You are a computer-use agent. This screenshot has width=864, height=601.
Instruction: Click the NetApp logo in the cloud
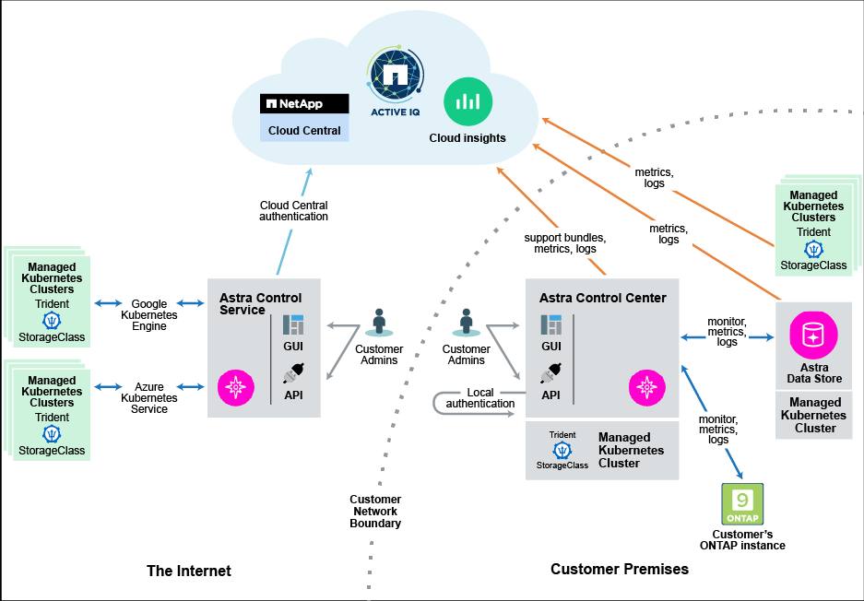pyautogui.click(x=304, y=103)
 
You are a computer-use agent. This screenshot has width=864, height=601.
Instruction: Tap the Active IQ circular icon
pyautogui.click(x=396, y=77)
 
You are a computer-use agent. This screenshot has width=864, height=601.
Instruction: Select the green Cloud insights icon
pyautogui.click(x=467, y=101)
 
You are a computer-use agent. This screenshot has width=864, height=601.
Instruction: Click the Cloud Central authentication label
pyautogui.click(x=293, y=211)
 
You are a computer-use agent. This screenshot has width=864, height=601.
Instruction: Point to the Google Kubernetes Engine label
pyautogui.click(x=149, y=314)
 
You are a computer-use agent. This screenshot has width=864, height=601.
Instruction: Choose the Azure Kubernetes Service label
pyautogui.click(x=149, y=398)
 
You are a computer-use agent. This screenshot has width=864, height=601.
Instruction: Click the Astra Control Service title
pyautogui.click(x=260, y=304)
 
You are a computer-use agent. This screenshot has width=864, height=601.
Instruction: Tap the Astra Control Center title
pyautogui.click(x=602, y=298)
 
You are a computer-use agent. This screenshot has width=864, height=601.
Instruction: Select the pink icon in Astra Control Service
pyautogui.click(x=235, y=385)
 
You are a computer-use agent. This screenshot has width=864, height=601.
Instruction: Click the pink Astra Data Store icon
pyautogui.click(x=813, y=335)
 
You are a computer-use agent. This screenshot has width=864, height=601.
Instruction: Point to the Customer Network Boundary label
pyautogui.click(x=375, y=512)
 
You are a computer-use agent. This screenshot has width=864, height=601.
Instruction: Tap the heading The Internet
pyautogui.click(x=189, y=571)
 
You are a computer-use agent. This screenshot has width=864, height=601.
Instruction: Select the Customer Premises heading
pyautogui.click(x=620, y=569)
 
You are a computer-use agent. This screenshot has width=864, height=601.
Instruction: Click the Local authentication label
pyautogui.click(x=480, y=398)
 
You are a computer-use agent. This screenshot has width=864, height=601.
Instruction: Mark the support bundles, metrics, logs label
pyautogui.click(x=560, y=242)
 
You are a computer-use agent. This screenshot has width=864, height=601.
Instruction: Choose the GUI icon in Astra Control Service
pyautogui.click(x=293, y=324)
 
